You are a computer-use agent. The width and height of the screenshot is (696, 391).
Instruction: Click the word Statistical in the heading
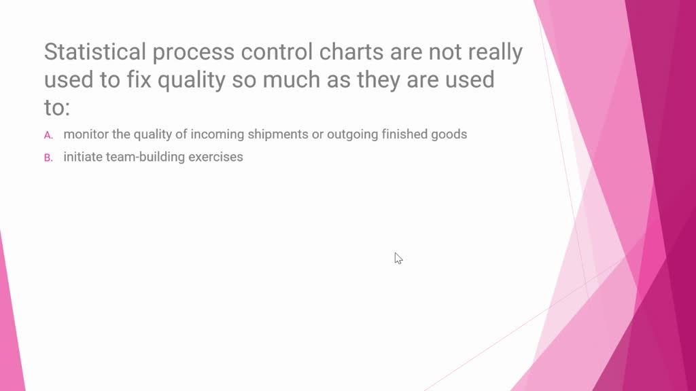tap(95, 52)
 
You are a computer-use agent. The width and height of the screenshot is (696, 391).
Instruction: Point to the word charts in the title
tap(351, 52)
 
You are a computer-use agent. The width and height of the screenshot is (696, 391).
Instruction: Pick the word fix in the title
tap(139, 79)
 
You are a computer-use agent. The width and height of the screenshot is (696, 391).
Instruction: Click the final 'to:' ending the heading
tap(57, 108)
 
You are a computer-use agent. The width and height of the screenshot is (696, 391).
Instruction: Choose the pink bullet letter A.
tap(48, 135)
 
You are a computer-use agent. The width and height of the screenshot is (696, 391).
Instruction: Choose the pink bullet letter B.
tap(48, 157)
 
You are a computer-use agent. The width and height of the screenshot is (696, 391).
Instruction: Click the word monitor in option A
tap(86, 134)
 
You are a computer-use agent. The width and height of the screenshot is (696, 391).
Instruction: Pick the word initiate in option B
tap(83, 157)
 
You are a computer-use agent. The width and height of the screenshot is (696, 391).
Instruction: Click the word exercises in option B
tap(215, 157)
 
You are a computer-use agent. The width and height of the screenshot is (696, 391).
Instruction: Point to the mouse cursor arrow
tap(398, 258)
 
